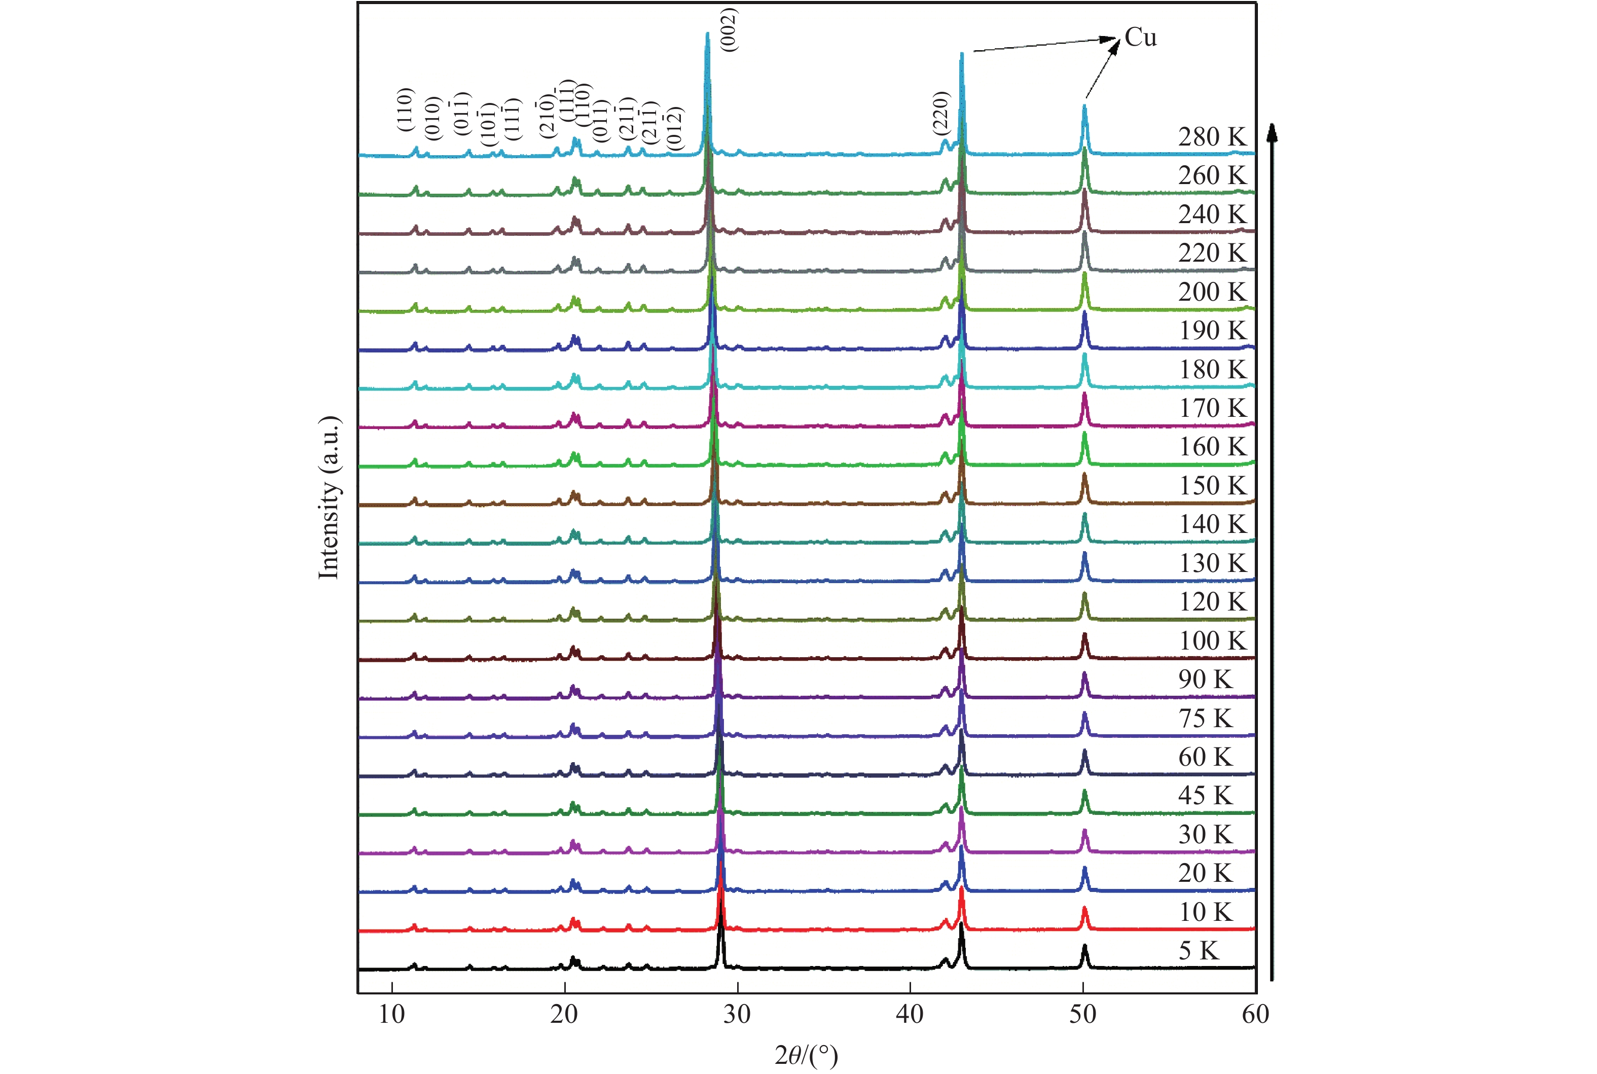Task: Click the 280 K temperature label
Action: click(1212, 137)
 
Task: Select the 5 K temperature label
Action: click(1199, 951)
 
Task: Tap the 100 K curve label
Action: click(1212, 641)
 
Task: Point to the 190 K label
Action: click(1212, 331)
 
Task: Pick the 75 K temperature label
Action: click(1205, 719)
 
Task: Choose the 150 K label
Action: click(1212, 486)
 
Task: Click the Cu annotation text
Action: click(1140, 38)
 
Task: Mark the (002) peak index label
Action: click(730, 29)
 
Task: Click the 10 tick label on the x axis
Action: click(392, 1014)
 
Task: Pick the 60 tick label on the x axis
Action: click(1255, 1014)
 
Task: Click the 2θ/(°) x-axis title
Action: click(806, 1056)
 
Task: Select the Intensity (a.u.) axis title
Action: click(329, 498)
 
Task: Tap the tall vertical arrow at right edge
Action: click(1271, 548)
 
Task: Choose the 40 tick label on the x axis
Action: click(910, 1014)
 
